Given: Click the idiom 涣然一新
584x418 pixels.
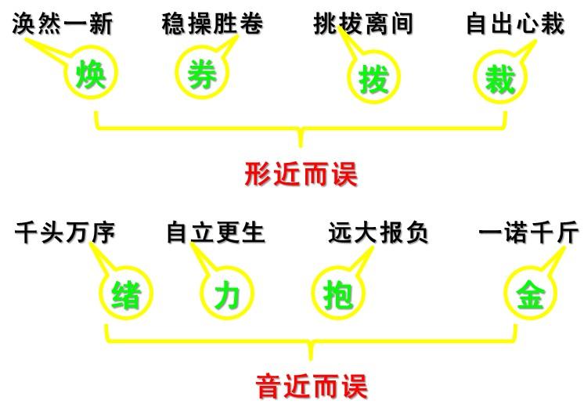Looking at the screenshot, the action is (63, 24).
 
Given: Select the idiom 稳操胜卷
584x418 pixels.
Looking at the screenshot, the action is (212, 24).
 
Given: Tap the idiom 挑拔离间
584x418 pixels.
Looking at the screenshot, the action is (362, 24).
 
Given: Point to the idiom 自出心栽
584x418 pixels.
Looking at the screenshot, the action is (514, 24).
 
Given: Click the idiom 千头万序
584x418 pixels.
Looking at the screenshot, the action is (65, 233).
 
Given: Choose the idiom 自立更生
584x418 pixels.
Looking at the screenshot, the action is (216, 233).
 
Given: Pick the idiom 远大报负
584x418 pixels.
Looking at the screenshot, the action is (379, 233).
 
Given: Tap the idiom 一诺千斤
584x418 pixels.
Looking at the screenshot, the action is (529, 233).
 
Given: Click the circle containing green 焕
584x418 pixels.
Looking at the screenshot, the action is (91, 76).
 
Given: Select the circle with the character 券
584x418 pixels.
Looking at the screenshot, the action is (202, 75).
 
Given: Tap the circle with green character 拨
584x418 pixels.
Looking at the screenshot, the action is (373, 79).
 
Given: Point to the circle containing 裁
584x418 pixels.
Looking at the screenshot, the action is (500, 79).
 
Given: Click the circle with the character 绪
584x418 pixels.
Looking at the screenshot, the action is (126, 294).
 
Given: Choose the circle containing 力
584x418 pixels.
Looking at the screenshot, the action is (226, 295).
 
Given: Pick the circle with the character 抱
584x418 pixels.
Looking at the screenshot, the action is (337, 294).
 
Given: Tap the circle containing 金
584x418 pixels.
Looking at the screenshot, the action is (529, 294).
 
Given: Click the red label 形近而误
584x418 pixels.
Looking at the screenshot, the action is (301, 174).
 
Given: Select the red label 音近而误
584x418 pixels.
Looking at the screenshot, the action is (311, 386).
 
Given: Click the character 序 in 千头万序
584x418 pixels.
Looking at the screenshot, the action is (103, 233).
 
